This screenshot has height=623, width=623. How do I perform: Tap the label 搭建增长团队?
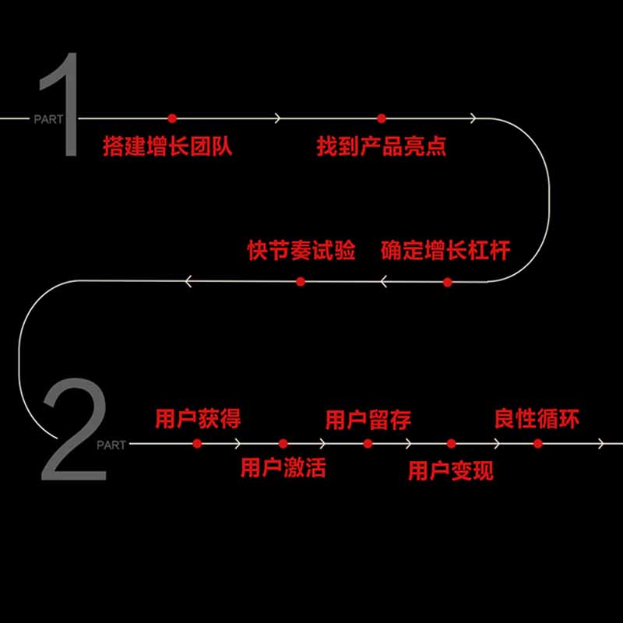pos(167,146)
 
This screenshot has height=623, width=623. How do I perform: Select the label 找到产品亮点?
pos(382,146)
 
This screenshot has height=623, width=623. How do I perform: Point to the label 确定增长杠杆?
pos(445,252)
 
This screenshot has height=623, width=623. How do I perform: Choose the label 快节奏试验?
pos(301,252)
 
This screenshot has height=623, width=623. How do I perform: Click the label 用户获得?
pos(198,419)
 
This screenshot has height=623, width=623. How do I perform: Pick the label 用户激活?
pos(283,467)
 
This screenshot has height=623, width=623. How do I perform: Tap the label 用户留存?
pos(368,421)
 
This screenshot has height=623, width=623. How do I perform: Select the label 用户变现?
pos(451,470)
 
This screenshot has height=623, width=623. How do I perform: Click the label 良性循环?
pos(537,419)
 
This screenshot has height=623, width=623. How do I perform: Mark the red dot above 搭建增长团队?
pos(172,118)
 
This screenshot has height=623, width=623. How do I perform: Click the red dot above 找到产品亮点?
pos(382,118)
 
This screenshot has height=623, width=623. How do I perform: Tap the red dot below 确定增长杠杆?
pos(447,281)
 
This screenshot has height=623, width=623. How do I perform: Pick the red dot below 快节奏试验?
pos(301,281)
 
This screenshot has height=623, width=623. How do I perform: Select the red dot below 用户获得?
pos(197,443)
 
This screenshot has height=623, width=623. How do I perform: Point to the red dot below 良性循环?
pos(537,443)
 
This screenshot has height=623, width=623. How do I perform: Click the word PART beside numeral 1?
pos(44,119)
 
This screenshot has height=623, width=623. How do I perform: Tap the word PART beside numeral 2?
pos(111,445)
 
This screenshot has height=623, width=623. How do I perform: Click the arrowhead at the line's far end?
pos(600,444)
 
